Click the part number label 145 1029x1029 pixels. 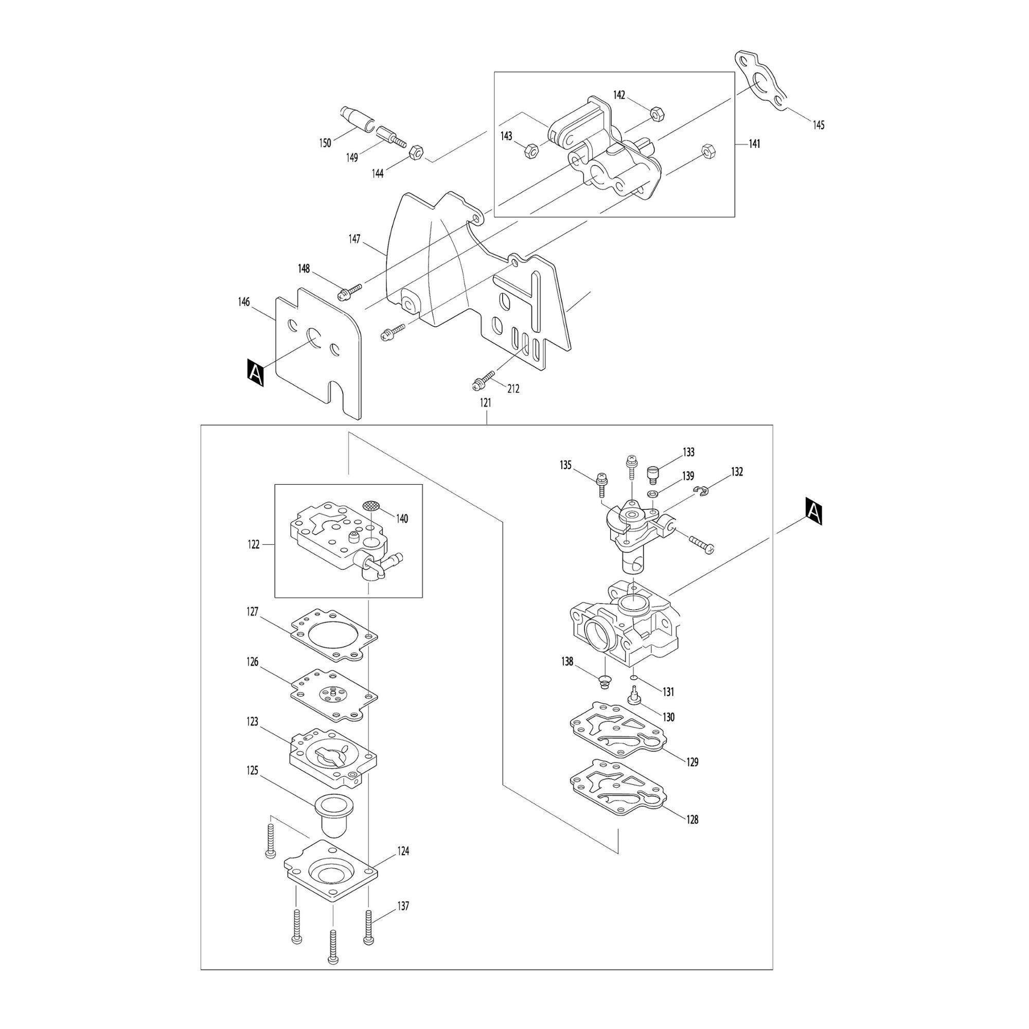point(818,125)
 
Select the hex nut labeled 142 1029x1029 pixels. point(656,112)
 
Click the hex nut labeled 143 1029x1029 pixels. point(531,151)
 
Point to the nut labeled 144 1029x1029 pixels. point(415,153)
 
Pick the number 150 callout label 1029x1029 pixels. point(325,143)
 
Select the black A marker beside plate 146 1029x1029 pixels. point(256,372)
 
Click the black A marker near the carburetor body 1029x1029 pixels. point(814,511)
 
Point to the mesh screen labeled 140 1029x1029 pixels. point(371,504)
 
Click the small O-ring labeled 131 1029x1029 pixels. point(633,678)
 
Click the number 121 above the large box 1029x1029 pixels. point(486,403)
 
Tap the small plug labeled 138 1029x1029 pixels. point(605,681)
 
